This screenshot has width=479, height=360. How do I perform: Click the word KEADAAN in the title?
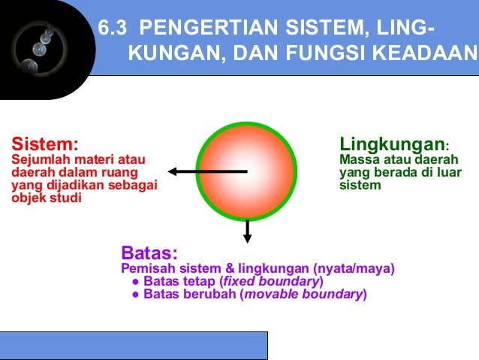tap(427, 54)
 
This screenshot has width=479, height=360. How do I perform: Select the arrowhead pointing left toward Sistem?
tap(173, 171)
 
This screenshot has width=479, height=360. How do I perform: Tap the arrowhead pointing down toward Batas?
tap(248, 238)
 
